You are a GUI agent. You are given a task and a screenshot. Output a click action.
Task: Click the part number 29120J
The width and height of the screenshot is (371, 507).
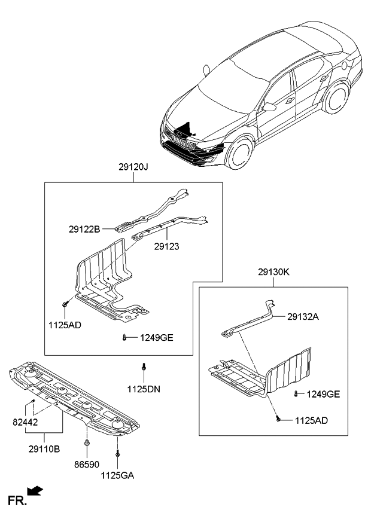(x=133, y=168)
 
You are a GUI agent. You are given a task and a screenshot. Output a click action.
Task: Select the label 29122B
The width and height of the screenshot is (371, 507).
(x=84, y=228)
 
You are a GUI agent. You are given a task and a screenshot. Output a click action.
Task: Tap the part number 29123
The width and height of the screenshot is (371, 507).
(x=166, y=246)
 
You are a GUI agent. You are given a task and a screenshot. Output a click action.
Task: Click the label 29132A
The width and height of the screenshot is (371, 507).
(x=302, y=317)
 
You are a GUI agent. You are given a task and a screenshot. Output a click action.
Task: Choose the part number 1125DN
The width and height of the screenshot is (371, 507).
(x=144, y=389)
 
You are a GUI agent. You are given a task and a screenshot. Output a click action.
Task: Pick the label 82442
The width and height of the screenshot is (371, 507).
(x=25, y=422)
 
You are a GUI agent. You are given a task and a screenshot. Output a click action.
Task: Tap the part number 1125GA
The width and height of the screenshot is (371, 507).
(x=117, y=475)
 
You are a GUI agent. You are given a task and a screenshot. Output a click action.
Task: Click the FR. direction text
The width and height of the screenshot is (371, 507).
(x=17, y=499)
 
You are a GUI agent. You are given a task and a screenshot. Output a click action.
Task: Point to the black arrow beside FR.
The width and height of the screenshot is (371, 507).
(x=36, y=491)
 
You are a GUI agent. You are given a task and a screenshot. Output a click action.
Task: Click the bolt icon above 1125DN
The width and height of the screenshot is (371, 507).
(x=144, y=366)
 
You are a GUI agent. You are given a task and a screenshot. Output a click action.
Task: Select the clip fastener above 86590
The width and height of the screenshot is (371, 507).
(x=88, y=443)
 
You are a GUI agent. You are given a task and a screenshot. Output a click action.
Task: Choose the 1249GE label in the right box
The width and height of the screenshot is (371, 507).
(x=323, y=394)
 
